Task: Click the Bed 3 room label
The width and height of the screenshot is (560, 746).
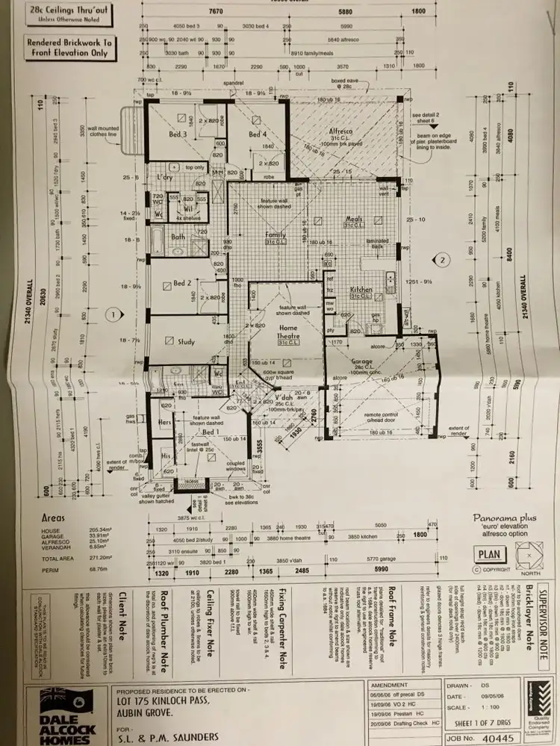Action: [x=178, y=134]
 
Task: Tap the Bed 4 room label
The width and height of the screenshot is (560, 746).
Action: [x=258, y=134]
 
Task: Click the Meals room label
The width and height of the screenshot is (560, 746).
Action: [x=354, y=220]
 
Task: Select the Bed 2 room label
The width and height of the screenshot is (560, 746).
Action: [x=184, y=284]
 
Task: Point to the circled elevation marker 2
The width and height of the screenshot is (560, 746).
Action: [x=442, y=261]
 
